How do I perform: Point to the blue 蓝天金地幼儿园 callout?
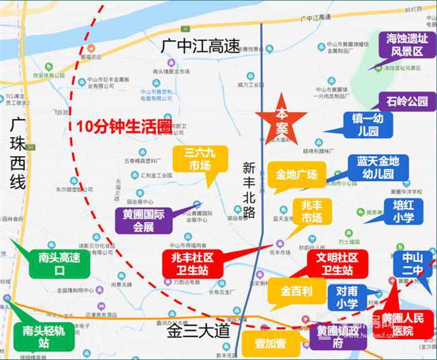tap(377, 169)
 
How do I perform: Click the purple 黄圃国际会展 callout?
tap(143, 219)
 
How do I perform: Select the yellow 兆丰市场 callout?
tap(311, 211)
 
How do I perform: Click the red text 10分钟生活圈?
tap(123, 126)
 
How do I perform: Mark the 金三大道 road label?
tap(200, 331)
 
